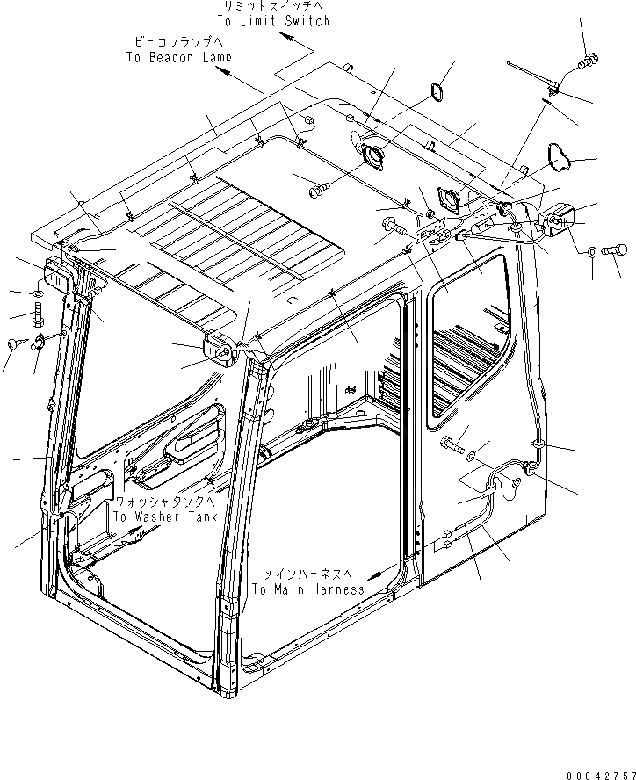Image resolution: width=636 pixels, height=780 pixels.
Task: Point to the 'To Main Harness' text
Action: click(307, 589)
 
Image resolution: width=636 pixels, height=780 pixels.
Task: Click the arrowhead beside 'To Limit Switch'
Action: click(287, 37)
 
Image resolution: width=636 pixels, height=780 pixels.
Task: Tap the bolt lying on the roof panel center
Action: click(319, 186)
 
